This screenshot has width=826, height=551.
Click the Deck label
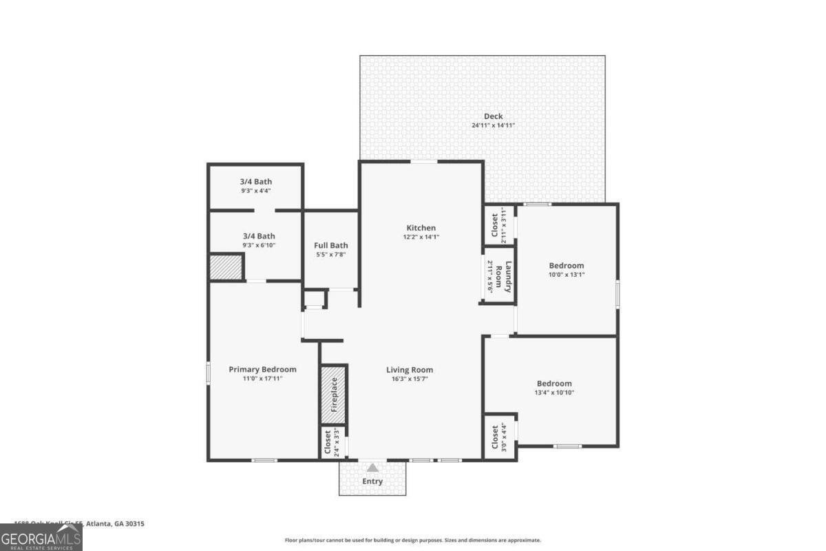[x=493, y=116]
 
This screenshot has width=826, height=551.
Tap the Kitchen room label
[x=421, y=228]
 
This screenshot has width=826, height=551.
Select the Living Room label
[x=410, y=370]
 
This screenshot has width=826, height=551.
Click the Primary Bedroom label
[x=262, y=369]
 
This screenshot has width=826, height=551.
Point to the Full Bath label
[x=330, y=245]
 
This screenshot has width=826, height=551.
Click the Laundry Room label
[x=509, y=277]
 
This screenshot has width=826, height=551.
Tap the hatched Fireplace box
[x=334, y=395]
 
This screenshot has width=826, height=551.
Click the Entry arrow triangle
[x=372, y=468]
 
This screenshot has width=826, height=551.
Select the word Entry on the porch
[x=372, y=481]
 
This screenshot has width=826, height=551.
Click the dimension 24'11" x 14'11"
[x=493, y=125]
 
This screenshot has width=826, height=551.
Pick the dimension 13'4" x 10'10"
[x=554, y=393]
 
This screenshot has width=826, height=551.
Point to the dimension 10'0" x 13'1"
[x=566, y=274]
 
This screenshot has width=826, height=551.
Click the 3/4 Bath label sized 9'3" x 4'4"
[x=256, y=182]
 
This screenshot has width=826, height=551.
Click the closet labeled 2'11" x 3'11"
[x=494, y=225]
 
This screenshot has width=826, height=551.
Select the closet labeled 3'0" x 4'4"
[x=495, y=436]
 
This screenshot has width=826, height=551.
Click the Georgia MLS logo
[x=41, y=537]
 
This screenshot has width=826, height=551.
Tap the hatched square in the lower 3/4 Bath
[x=226, y=267]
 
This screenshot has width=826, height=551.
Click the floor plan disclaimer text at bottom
[x=412, y=540]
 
